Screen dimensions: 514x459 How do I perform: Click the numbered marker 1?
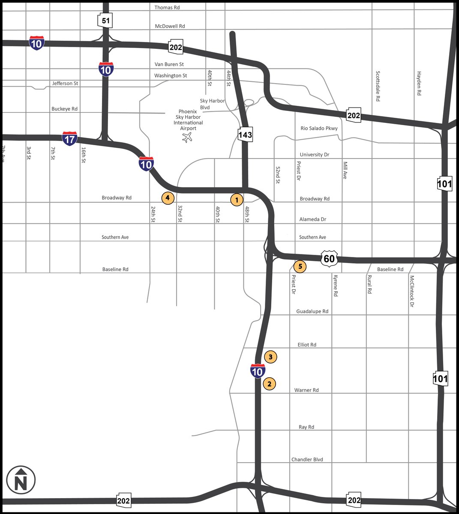[x=237, y=200]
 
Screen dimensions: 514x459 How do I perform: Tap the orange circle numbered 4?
[x=168, y=198]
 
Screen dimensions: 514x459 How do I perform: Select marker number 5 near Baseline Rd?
[x=300, y=266]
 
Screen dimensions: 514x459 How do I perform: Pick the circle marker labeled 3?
[x=270, y=357]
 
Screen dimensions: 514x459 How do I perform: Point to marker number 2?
[x=269, y=384]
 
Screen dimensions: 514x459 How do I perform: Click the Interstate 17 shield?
[x=69, y=139]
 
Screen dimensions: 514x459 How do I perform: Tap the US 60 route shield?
[x=329, y=259]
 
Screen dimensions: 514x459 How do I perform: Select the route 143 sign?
[x=245, y=135]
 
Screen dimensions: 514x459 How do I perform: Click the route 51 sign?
[x=105, y=21]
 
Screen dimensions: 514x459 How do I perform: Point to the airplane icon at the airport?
[x=187, y=137]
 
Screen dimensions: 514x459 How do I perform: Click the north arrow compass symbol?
[x=21, y=480]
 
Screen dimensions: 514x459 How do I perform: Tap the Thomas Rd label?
[x=167, y=8]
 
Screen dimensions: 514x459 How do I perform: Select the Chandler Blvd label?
[x=307, y=460]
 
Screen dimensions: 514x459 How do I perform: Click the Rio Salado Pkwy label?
[x=319, y=128]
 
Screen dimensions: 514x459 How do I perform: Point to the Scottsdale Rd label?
[x=378, y=86]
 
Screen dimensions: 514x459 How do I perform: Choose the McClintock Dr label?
[x=412, y=291]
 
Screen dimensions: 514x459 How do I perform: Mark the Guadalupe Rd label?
[x=312, y=311]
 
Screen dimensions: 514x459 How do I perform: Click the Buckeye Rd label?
[x=65, y=109]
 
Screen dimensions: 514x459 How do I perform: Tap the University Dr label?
[x=315, y=155]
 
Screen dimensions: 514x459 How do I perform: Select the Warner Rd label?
[x=306, y=390]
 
